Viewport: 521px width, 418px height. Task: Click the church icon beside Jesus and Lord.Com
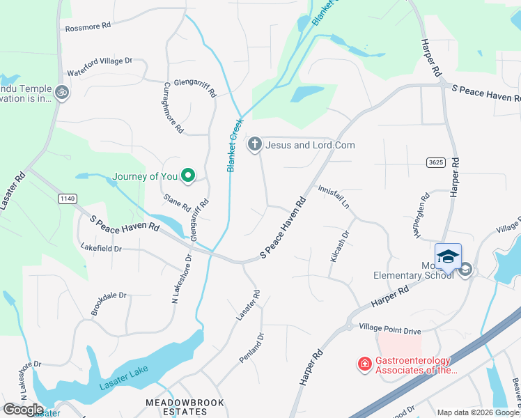point(255,145)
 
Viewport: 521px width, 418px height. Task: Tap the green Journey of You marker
point(187,176)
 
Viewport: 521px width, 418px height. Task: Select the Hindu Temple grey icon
point(62,93)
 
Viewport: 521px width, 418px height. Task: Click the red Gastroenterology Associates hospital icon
point(364,364)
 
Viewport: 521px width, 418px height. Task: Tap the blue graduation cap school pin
point(449,256)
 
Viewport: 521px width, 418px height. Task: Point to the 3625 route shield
point(436,162)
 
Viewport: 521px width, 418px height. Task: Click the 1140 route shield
point(67,199)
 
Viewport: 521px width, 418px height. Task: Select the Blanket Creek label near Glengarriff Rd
point(234,145)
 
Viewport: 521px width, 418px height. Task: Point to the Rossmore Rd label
point(88,26)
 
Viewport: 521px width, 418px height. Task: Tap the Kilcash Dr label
point(339,247)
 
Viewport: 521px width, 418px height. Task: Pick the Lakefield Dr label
point(101,248)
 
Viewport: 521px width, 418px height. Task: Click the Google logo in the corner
point(23,409)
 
